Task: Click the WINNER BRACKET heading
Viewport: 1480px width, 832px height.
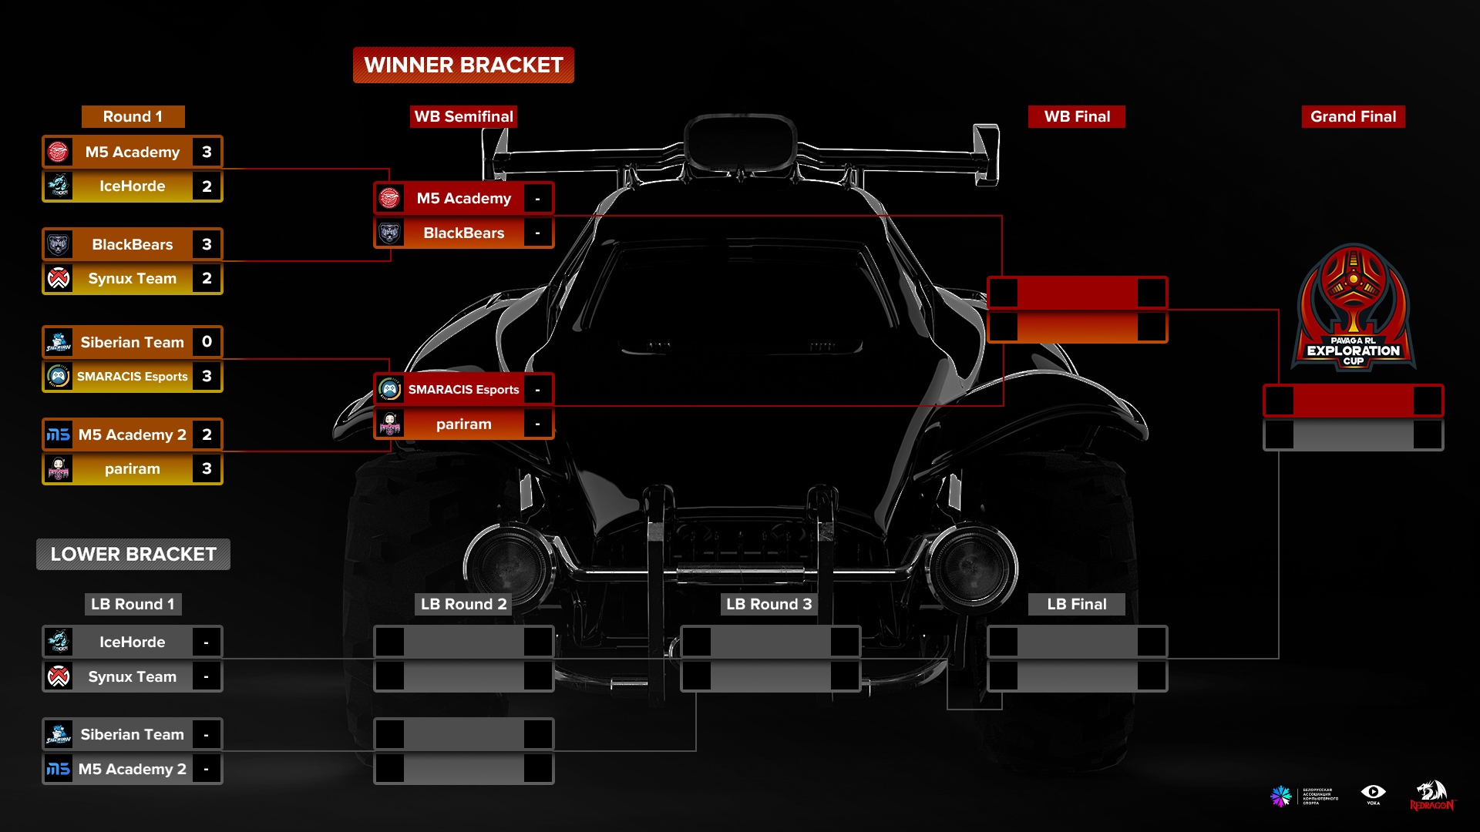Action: [463, 65]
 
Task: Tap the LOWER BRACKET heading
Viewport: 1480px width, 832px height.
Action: [133, 555]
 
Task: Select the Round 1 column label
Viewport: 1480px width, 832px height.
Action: [133, 117]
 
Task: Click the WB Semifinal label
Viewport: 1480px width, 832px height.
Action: [463, 117]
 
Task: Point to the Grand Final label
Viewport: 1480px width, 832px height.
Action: [1353, 117]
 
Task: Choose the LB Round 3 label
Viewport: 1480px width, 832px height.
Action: [769, 605]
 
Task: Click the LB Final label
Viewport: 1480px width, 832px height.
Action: [1076, 605]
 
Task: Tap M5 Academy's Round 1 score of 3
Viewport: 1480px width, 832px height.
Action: [207, 153]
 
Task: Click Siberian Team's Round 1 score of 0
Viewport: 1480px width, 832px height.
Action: [207, 342]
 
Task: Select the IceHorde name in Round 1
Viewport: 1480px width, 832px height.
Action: [133, 186]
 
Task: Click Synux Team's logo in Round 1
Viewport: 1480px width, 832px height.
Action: [59, 279]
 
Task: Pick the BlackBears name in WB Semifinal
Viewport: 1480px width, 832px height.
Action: [463, 233]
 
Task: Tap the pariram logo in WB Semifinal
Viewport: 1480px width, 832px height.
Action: [390, 424]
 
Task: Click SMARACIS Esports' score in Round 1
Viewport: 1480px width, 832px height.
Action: [207, 377]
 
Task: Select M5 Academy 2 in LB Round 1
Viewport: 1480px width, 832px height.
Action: [133, 770]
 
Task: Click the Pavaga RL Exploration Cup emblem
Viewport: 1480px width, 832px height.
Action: [1353, 308]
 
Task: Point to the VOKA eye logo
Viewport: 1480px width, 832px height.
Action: [1373, 793]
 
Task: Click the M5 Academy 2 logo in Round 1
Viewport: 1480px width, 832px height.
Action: [59, 435]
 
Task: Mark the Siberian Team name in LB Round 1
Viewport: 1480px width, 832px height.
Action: [133, 735]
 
